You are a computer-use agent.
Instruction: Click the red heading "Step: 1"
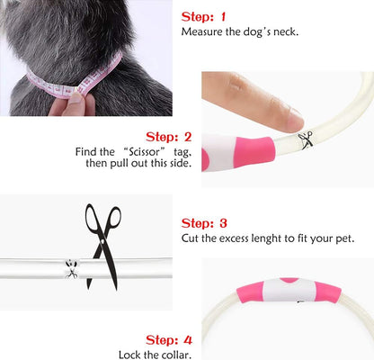click(x=203, y=17)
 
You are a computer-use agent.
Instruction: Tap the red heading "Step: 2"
click(x=168, y=137)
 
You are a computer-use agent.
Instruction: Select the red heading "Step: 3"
click(x=204, y=223)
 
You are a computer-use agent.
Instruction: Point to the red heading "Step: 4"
click(x=169, y=340)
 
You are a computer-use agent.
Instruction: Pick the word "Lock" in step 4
click(x=129, y=355)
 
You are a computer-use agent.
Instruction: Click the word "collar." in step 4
click(x=176, y=355)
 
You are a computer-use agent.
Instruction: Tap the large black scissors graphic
click(x=102, y=247)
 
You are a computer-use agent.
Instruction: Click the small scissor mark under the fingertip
click(x=306, y=139)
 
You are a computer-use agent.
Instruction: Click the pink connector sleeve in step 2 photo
click(x=254, y=151)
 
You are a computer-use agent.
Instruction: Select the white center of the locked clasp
click(x=289, y=290)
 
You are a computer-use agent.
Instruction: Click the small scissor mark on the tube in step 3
click(x=71, y=268)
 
